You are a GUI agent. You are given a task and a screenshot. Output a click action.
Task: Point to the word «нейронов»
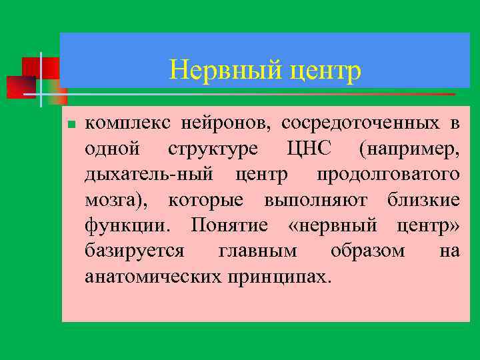[x=221, y=123]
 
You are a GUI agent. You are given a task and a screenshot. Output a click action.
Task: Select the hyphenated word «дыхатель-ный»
[x=150, y=174]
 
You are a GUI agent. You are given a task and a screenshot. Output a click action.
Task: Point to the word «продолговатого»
[x=387, y=174]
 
